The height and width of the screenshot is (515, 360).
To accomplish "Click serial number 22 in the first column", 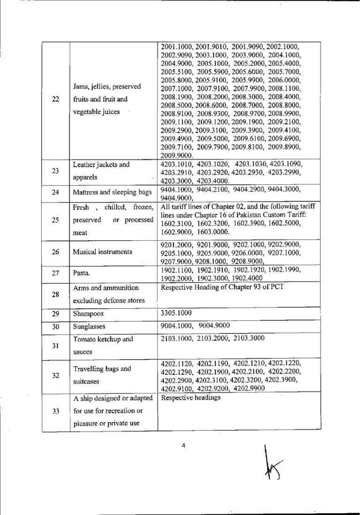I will (x=55, y=100).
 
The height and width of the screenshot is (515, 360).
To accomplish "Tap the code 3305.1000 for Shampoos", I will (x=176, y=312).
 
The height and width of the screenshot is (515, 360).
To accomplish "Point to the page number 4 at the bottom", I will (x=183, y=446).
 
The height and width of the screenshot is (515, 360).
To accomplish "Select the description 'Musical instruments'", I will (x=102, y=252).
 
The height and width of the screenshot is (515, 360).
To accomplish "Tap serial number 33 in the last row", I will (x=55, y=412).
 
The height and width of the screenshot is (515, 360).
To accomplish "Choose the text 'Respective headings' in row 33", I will (x=190, y=398).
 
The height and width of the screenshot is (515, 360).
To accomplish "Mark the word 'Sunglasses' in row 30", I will (x=89, y=326).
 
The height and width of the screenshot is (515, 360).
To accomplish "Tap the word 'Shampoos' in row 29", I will (x=88, y=313).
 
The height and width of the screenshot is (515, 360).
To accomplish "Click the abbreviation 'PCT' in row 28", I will (x=273, y=286).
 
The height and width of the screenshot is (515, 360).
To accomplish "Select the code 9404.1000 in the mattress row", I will (x=176, y=188).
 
